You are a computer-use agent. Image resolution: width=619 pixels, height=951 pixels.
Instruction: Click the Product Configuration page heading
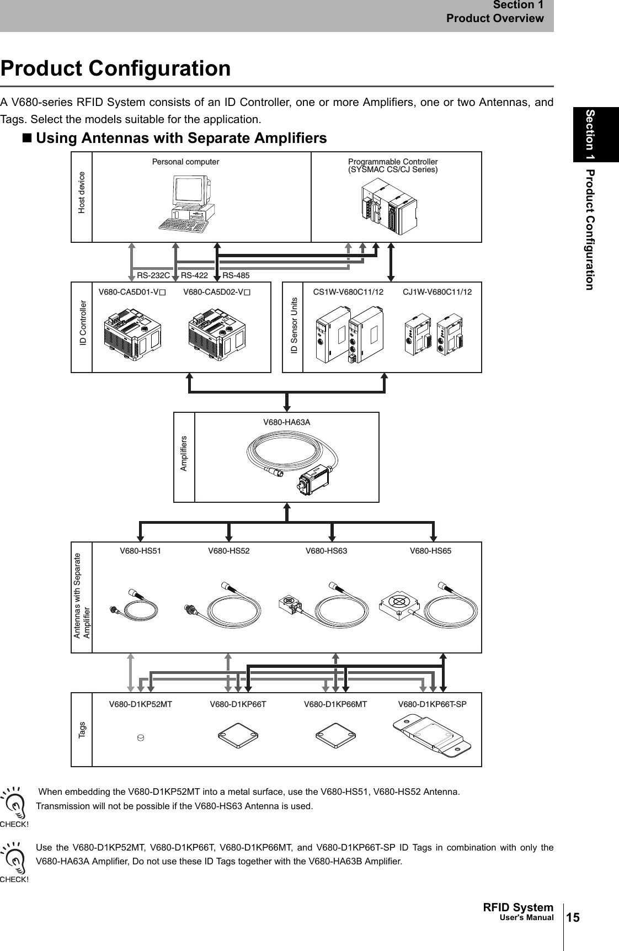pyautogui.click(x=115, y=69)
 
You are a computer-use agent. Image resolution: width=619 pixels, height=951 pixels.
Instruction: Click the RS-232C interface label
pyautogui.click(x=153, y=275)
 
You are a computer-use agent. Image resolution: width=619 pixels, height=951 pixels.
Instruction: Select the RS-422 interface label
pyautogui.click(x=194, y=275)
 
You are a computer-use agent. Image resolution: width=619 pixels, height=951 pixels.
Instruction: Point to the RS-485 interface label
pyautogui.click(x=236, y=275)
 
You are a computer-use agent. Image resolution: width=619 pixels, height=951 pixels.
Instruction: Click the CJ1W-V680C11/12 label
pyautogui.click(x=437, y=291)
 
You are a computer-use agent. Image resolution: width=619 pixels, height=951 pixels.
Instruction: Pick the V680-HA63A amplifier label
pyautogui.click(x=286, y=422)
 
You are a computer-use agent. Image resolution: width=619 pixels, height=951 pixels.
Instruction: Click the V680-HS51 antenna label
pyautogui.click(x=141, y=551)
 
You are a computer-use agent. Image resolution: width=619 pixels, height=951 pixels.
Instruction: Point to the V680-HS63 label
pyautogui.click(x=326, y=551)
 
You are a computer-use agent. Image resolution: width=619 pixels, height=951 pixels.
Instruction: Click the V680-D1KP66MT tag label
pyautogui.click(x=335, y=704)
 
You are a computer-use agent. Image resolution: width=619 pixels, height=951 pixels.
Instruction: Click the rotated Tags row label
pyautogui.click(x=82, y=730)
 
